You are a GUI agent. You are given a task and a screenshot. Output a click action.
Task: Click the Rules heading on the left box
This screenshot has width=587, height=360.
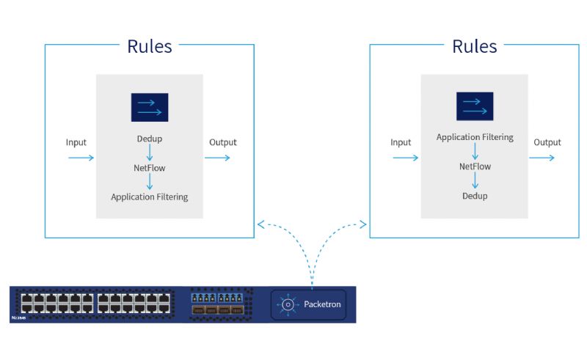coord(150,46)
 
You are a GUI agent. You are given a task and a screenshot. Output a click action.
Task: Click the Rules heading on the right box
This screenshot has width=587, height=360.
coord(474,46)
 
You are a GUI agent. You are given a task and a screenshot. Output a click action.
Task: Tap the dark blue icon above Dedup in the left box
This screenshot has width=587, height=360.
coord(150,107)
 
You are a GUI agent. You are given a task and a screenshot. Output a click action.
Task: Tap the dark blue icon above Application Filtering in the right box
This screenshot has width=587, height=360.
coord(475,106)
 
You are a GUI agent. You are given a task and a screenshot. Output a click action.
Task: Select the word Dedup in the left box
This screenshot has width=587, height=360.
coord(150,139)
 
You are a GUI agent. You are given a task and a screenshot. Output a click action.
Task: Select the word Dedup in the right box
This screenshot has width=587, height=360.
coord(475,196)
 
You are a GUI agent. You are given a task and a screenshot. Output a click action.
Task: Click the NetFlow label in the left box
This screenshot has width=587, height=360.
coord(150,168)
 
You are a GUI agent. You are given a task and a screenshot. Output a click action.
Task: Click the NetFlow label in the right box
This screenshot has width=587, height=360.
coord(475,166)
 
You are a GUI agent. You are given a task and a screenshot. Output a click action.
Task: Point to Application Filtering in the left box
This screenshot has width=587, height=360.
coord(150,196)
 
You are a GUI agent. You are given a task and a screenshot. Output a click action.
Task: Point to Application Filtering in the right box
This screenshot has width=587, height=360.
coord(475,137)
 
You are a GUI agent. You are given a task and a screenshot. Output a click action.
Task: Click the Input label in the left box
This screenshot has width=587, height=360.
coord(76,142)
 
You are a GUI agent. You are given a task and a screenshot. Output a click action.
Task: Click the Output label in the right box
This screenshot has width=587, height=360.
coord(547,142)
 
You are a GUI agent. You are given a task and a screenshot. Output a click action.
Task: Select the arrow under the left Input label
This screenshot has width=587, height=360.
coord(81,158)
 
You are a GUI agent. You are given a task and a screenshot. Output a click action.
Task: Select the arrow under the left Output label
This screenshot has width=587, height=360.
coord(217,158)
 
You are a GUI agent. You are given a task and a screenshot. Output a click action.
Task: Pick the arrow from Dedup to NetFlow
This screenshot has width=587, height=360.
coord(150,153)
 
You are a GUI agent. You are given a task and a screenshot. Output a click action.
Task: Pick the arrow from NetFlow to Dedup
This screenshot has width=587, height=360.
coord(475,181)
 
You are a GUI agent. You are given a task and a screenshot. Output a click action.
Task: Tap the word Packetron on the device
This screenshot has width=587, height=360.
coord(322,304)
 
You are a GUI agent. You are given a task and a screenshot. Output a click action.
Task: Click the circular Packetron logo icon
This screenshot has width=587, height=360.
coord(288,304)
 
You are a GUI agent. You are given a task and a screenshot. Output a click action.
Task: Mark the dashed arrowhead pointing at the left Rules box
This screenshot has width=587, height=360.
coord(260,224)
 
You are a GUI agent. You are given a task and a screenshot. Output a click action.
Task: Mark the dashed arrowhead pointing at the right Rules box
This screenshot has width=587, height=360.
coord(362,224)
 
